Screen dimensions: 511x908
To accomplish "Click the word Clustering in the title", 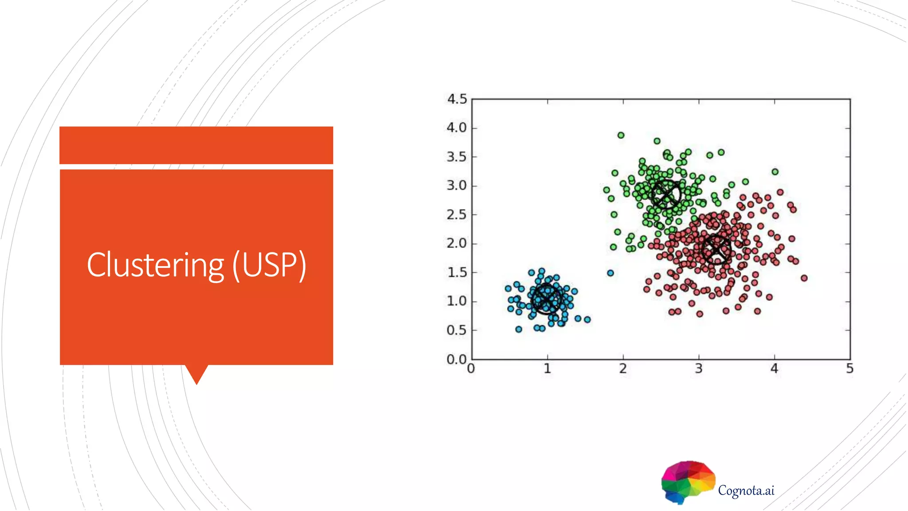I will click(x=155, y=265).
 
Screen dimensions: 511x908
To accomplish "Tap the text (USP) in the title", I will click(x=270, y=265).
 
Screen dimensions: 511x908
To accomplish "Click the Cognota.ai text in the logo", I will click(x=746, y=491).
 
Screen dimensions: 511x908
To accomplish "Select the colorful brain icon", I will click(x=688, y=481).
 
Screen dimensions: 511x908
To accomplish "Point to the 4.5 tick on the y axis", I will click(x=457, y=99).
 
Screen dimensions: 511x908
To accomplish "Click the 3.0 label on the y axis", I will click(x=457, y=185).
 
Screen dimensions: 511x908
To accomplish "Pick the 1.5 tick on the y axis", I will click(x=457, y=272).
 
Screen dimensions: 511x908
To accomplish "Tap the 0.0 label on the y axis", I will click(x=457, y=359).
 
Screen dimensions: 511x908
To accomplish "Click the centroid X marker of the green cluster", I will click(x=666, y=194).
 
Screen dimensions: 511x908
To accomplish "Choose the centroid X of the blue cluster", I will click(x=546, y=299).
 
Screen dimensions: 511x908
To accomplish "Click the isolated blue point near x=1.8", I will click(x=611, y=273).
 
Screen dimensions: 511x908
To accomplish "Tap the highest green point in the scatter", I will click(x=621, y=135).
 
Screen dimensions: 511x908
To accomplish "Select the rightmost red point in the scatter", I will click(x=804, y=278).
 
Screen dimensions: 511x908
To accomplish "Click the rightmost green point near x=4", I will click(x=775, y=172).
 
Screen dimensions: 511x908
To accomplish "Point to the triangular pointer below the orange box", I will click(x=196, y=374).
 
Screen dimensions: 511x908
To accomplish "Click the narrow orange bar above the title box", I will click(x=196, y=145).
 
